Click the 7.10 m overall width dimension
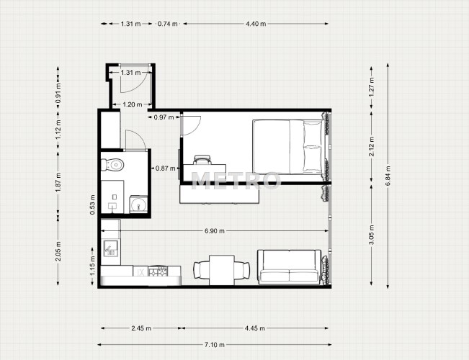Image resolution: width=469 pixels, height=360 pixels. (x=215, y=345)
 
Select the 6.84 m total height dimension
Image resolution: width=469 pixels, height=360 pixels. (x=388, y=176)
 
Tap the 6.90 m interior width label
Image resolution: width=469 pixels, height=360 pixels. (x=215, y=231)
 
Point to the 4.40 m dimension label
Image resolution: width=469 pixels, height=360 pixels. (x=256, y=24)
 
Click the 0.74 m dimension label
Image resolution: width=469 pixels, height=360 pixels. (x=167, y=24)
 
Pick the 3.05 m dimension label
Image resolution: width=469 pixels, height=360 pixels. (x=372, y=235)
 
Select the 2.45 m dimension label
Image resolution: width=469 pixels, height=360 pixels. (x=141, y=328)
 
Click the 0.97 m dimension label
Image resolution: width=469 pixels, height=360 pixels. (x=164, y=117)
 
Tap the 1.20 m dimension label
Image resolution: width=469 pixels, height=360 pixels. (x=133, y=104)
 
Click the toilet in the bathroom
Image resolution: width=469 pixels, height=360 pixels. (x=113, y=164)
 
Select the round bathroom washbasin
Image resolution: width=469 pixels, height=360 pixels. (x=138, y=204)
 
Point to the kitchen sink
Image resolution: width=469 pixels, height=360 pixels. (x=111, y=248)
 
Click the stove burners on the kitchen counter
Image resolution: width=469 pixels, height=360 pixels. (x=158, y=271)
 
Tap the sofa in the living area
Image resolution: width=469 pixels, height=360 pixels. (x=289, y=267)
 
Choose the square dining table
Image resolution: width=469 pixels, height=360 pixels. (x=222, y=270)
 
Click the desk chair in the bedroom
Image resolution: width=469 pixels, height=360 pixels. (x=202, y=160)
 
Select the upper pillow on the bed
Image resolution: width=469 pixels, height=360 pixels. (x=313, y=133)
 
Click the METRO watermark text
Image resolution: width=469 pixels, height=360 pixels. (x=236, y=180)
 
